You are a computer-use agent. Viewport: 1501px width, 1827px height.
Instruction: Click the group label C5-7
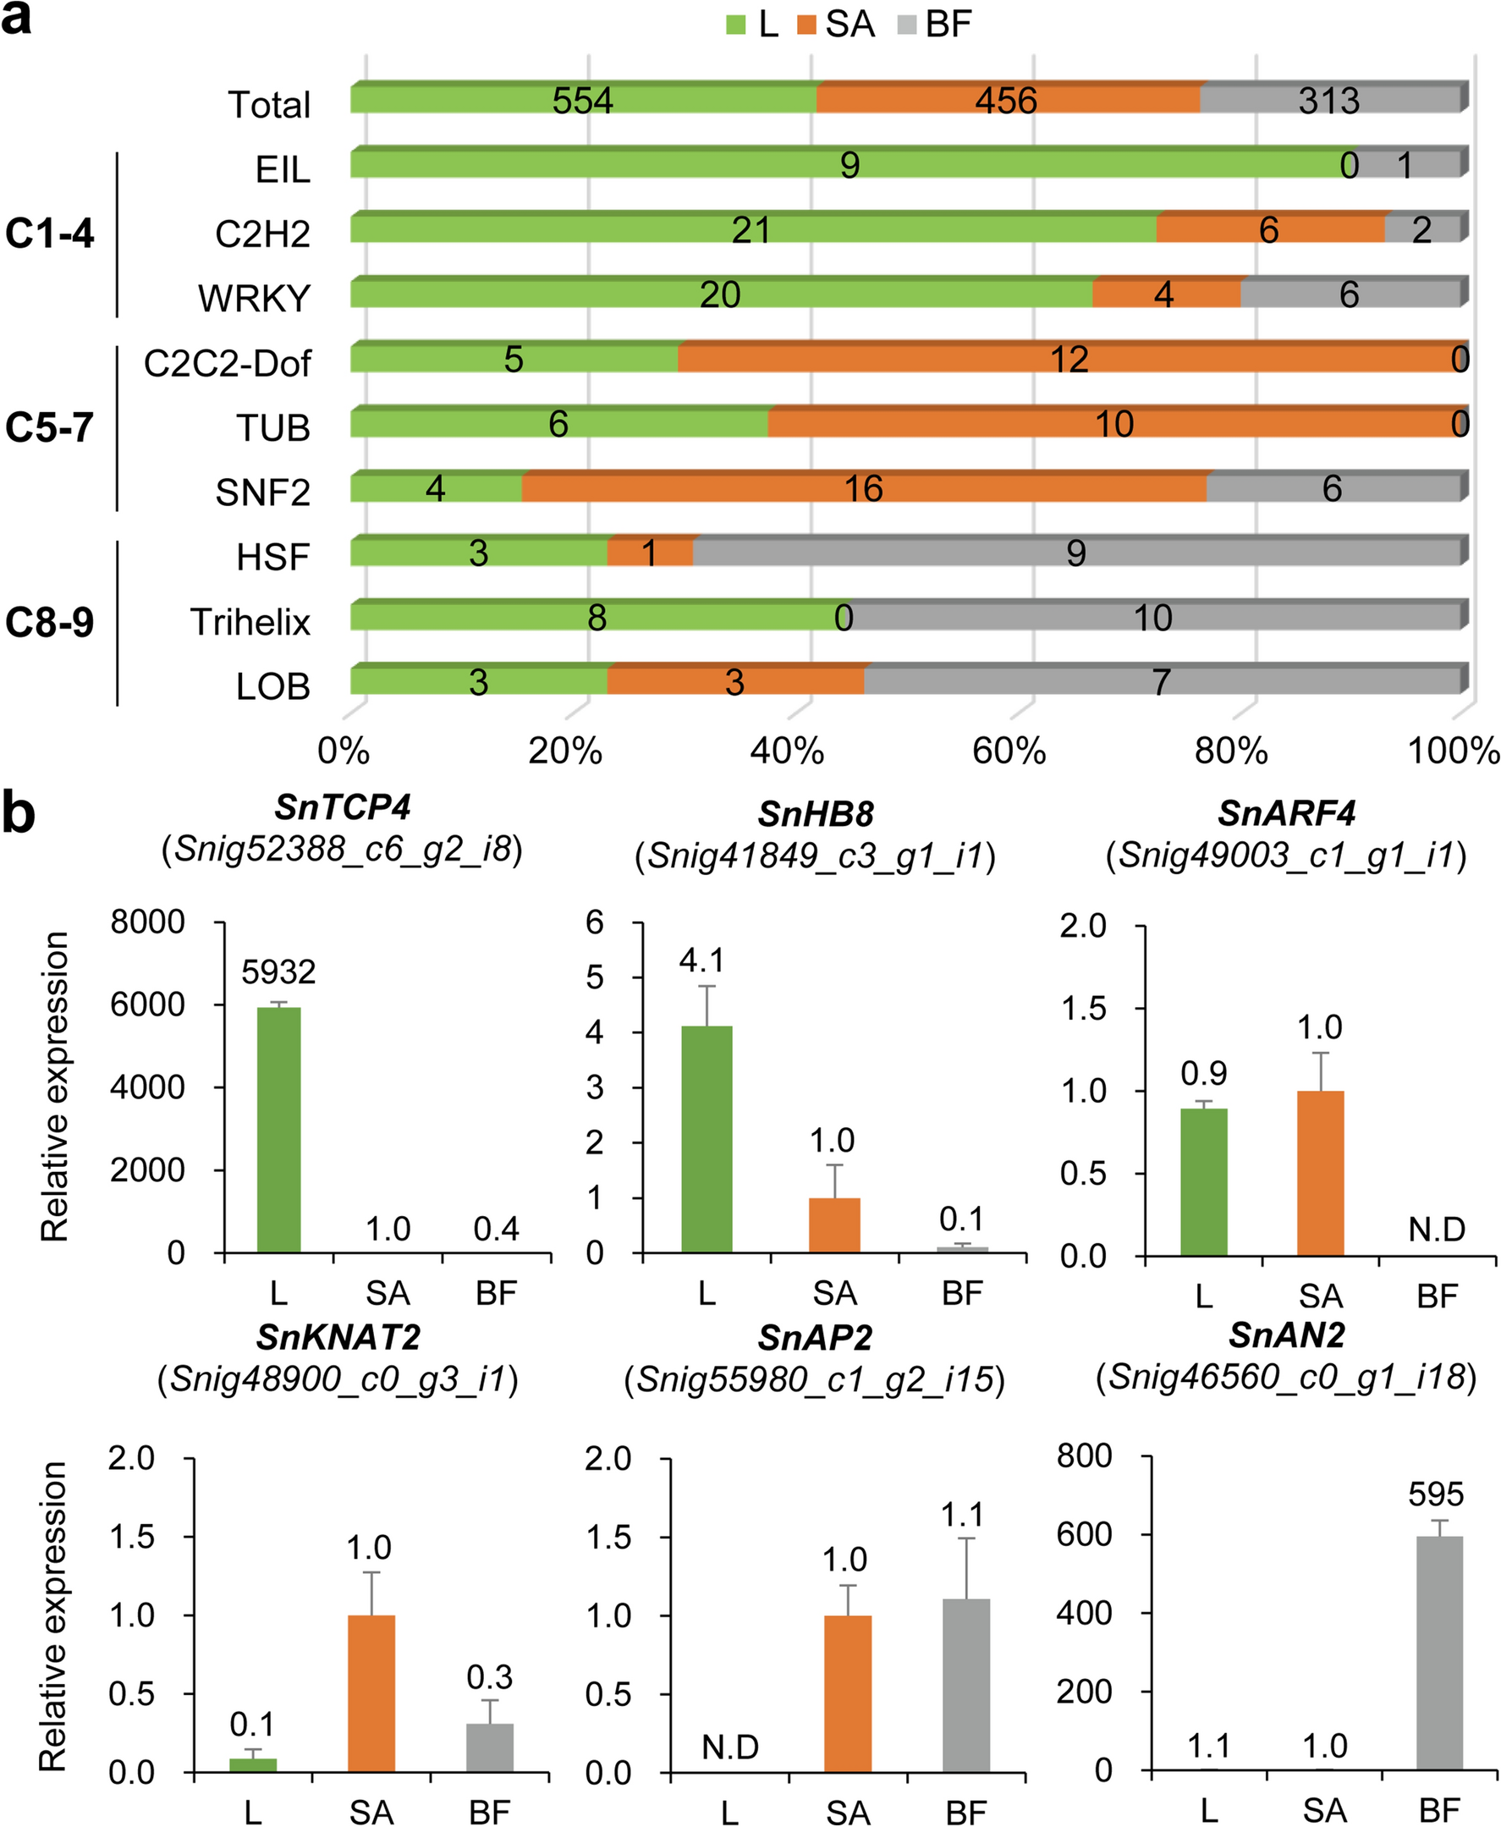click(x=49, y=427)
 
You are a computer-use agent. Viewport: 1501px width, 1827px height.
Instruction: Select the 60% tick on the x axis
click(x=1009, y=751)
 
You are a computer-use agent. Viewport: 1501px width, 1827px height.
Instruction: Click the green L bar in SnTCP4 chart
click(x=278, y=1129)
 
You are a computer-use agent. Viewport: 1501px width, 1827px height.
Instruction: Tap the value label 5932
click(x=278, y=972)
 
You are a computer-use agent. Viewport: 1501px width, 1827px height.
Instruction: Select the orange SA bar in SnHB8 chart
click(x=834, y=1224)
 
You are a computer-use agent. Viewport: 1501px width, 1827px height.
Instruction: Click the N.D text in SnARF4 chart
click(x=1436, y=1229)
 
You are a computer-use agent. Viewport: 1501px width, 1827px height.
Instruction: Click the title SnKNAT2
click(x=338, y=1338)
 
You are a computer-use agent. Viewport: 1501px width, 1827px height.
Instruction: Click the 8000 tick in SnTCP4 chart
click(x=147, y=922)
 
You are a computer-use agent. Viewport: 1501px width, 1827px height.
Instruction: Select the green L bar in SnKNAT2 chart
click(x=252, y=1764)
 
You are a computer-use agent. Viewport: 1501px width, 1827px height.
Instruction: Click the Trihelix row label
click(x=250, y=623)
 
